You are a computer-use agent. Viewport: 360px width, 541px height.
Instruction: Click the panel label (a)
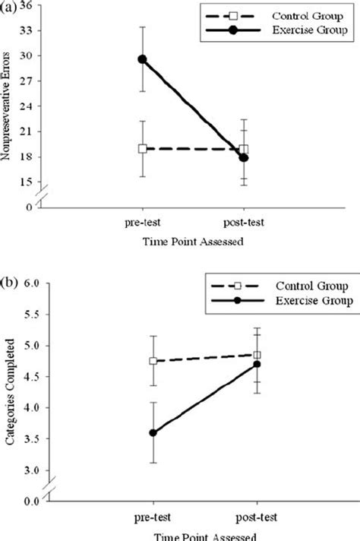coord(9,6)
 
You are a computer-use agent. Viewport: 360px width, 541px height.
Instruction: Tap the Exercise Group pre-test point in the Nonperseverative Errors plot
coord(142,59)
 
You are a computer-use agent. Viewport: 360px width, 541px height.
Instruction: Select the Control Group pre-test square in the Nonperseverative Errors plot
coord(142,149)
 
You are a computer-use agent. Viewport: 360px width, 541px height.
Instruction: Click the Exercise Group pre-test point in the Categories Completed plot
coord(154,433)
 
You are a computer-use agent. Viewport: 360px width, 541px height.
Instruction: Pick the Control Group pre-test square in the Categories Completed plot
coord(154,361)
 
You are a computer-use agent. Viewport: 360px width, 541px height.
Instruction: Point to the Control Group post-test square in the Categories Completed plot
coord(257,355)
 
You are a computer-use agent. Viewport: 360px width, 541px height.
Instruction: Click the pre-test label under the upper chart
coord(142,223)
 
